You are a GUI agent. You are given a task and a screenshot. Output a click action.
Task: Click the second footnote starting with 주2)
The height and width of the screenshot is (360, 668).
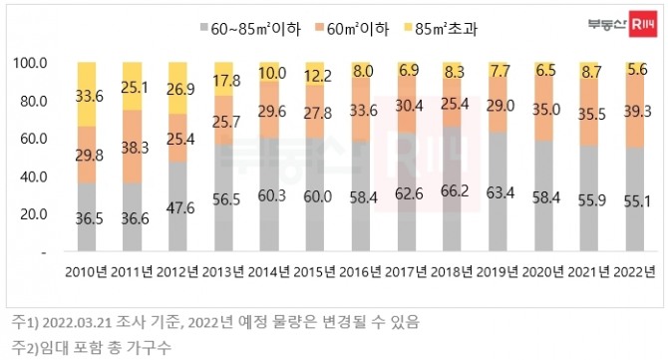click(100, 347)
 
